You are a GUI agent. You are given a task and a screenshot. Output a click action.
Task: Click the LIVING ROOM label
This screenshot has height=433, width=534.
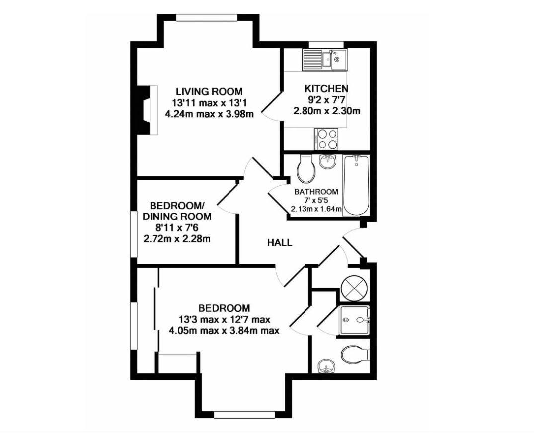pos(209,91)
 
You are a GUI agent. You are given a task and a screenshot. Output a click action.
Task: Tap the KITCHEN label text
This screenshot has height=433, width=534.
pos(326,89)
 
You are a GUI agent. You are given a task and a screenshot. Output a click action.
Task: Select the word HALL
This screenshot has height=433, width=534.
pos(280,243)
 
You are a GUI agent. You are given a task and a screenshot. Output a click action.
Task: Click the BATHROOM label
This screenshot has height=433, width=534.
pos(316,192)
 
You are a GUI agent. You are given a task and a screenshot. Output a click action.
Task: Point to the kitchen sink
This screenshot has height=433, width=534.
pos(324,60)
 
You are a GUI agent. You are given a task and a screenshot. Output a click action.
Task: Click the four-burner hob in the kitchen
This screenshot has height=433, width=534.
pos(327,139)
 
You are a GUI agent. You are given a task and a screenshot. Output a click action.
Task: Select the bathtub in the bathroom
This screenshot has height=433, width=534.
pos(356,185)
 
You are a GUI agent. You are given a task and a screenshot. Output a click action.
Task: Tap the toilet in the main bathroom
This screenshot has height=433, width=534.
pos(305,168)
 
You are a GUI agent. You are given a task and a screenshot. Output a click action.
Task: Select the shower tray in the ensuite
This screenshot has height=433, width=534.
pos(354,320)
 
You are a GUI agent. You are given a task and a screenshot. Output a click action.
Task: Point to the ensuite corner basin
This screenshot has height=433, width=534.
pos(326,366)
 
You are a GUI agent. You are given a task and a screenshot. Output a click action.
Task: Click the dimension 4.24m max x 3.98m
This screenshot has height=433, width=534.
pos(209,114)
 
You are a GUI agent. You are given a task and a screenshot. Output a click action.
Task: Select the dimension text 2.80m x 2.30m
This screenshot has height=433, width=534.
pos(326,111)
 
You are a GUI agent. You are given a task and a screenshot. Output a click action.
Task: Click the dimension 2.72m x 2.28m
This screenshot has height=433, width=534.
pos(177,239)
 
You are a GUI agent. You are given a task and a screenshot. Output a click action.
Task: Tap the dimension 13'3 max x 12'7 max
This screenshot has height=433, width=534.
pos(225,320)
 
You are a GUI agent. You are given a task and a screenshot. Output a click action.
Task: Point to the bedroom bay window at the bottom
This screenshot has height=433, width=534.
pos(244,415)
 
